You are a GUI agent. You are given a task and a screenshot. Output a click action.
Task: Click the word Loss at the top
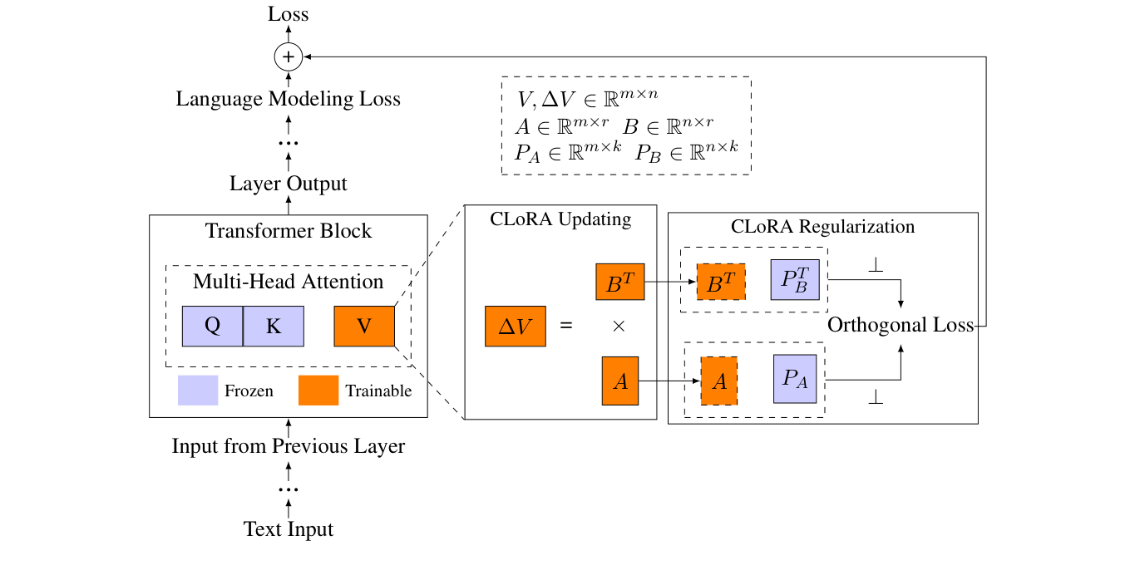click(288, 14)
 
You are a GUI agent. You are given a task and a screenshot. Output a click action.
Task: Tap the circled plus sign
click(288, 57)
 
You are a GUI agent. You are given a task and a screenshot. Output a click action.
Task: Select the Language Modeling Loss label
click(288, 99)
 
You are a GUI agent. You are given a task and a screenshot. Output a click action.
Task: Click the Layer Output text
click(288, 184)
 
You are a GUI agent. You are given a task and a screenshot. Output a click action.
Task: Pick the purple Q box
click(212, 326)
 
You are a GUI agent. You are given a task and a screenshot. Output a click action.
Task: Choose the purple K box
click(274, 326)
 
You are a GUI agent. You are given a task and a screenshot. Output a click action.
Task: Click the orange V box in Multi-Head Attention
click(363, 326)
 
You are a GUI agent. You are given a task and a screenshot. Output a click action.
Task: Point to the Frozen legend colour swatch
click(198, 391)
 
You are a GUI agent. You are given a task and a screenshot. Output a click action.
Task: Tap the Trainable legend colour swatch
click(318, 391)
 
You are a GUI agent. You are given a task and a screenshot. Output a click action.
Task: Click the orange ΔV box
click(516, 326)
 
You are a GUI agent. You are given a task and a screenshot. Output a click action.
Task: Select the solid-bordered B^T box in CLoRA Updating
click(620, 282)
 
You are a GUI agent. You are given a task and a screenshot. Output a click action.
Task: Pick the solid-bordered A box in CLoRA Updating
click(620, 381)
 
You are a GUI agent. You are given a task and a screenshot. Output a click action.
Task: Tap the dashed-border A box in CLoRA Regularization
click(719, 381)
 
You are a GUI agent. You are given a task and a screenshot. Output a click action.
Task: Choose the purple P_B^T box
click(796, 280)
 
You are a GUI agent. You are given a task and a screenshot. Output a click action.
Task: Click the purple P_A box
click(795, 379)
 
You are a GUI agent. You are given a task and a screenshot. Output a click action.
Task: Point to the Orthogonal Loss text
click(900, 325)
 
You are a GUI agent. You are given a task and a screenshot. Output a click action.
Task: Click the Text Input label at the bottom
click(288, 529)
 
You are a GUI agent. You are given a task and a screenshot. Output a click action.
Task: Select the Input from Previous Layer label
click(288, 446)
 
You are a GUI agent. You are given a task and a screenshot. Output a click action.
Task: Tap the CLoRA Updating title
click(560, 220)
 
